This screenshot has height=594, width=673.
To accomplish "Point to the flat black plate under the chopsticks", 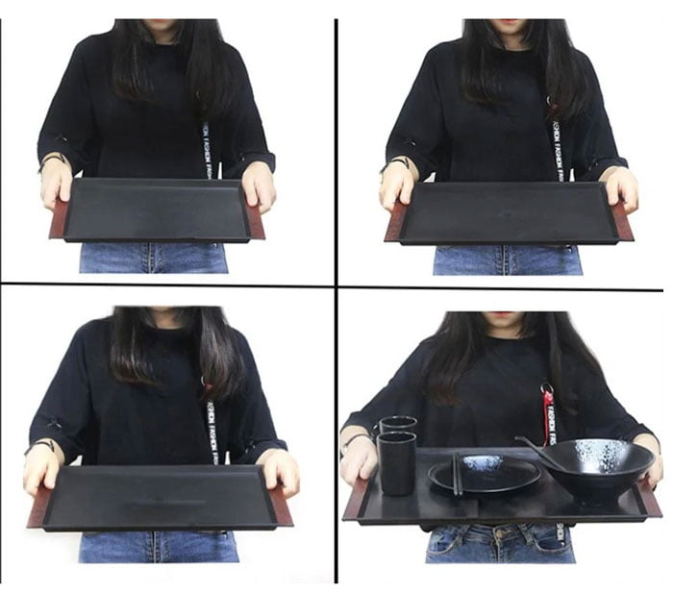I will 486,474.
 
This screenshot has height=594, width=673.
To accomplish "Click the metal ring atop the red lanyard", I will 547,392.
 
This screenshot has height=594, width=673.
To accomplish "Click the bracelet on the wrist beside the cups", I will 354,440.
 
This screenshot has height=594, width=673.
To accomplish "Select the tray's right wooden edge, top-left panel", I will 255,219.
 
